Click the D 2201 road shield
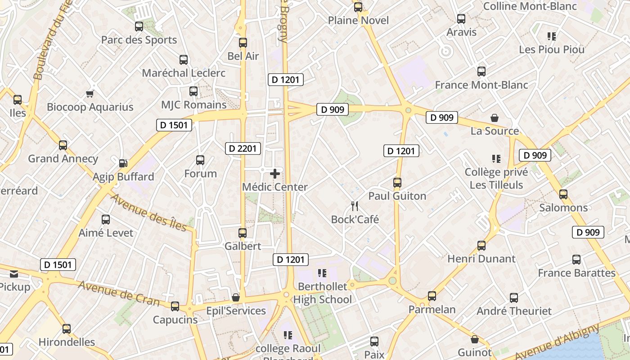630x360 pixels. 243,148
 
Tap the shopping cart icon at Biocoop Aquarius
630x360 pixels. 90,94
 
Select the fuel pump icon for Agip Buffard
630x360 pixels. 123,163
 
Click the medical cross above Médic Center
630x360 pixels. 275,174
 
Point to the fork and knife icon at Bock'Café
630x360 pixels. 355,206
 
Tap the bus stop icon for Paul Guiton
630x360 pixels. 397,183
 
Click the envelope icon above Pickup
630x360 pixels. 14,274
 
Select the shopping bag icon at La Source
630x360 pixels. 495,118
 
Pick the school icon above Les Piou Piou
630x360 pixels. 552,36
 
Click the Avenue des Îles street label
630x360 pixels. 148,212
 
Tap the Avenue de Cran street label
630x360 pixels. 119,293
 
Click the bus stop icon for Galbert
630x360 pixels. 243,233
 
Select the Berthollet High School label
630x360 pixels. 323,293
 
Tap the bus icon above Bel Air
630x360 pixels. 243,43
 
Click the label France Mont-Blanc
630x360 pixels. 481,85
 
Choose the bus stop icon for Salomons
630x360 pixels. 563,194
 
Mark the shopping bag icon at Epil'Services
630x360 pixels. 235,297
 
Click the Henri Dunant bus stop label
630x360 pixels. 481,259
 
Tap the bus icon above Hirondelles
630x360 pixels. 67,329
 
